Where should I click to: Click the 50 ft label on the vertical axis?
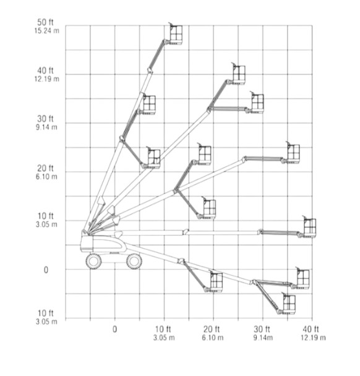(45, 22)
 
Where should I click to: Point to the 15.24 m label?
(47, 31)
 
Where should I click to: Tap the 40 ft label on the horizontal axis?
(311, 329)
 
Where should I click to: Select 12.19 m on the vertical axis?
(47, 79)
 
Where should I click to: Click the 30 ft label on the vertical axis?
(45, 119)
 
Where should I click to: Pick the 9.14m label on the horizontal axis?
(263, 338)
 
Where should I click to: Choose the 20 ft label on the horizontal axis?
(212, 329)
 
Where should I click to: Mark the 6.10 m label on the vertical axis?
(47, 176)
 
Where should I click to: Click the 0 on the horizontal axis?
(115, 329)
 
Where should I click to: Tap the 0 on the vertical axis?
(46, 270)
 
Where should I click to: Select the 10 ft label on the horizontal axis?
(163, 329)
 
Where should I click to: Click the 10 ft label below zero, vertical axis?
(45, 313)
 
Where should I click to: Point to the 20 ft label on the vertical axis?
(45, 168)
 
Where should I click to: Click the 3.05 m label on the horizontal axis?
(164, 338)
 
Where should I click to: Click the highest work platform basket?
(176, 34)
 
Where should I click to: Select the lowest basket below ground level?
(288, 304)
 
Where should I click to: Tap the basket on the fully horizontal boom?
(309, 227)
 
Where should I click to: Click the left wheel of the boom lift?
(94, 262)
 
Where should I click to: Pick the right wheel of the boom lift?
(134, 262)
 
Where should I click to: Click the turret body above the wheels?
(103, 244)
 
